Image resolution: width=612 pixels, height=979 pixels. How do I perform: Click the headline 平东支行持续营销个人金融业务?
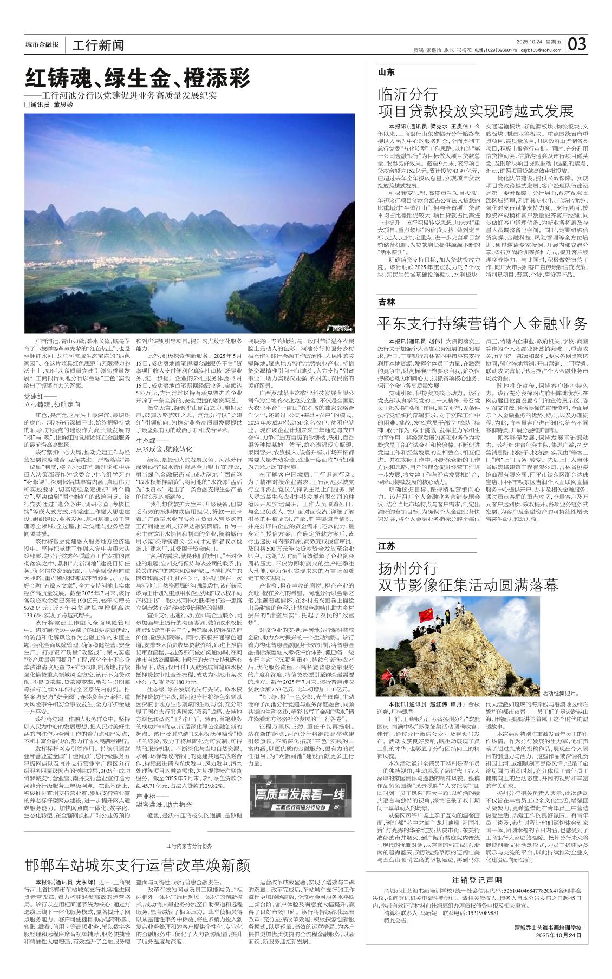coord(482,324)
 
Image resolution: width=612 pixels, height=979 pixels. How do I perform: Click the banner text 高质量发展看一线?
coord(300,794)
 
